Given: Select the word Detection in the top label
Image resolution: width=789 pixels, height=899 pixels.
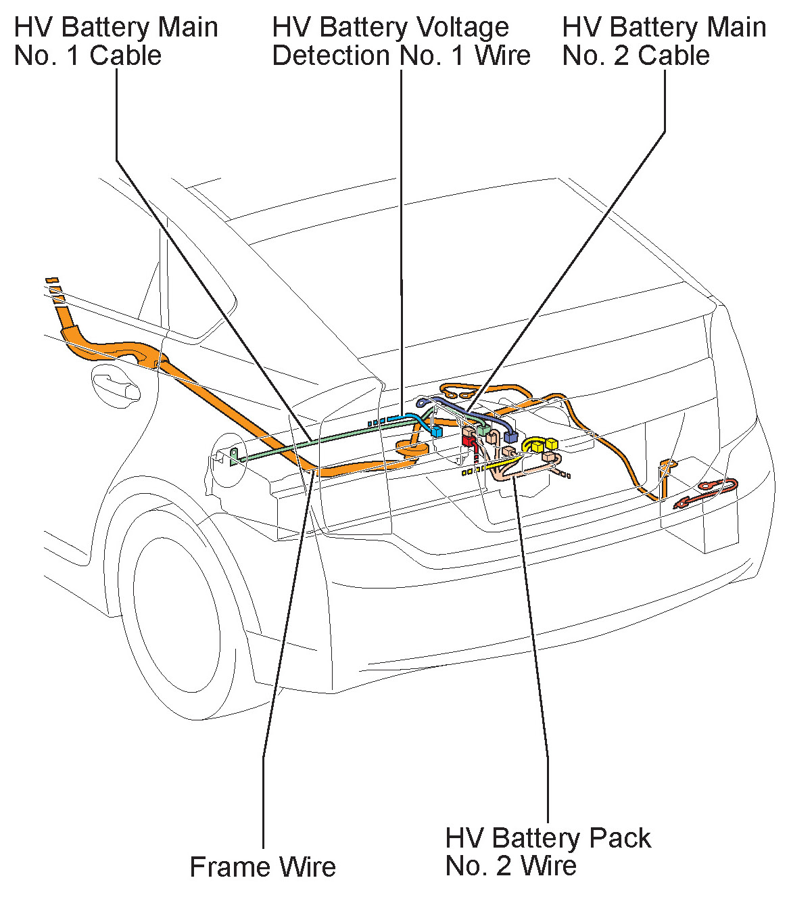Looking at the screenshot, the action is (332, 55).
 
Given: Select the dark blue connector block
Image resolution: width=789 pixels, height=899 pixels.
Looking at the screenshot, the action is (510, 436).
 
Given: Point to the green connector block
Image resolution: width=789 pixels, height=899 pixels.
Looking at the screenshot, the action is (483, 430).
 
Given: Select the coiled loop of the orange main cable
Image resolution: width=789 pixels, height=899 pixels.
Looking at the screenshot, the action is (413, 447).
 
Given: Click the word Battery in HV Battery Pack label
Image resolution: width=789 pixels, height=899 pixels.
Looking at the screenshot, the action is (529, 838).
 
